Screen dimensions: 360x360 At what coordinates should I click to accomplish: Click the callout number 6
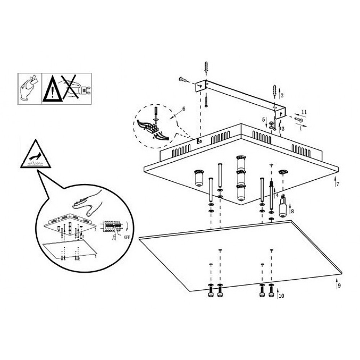coord(184,109)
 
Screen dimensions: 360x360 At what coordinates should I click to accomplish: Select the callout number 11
coord(304,112)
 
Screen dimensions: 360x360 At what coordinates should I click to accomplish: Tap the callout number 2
coord(282,95)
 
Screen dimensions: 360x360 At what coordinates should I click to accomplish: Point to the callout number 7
coord(338,184)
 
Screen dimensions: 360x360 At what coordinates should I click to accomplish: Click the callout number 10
coord(281,296)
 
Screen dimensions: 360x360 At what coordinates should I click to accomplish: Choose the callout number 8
coord(292,211)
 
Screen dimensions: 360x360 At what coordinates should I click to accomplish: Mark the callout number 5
coord(264,120)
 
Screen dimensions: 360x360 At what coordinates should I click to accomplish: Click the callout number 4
coord(277,195)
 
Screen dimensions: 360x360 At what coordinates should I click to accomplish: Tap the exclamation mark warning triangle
coord(53,89)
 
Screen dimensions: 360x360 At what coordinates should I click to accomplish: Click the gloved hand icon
coord(28,88)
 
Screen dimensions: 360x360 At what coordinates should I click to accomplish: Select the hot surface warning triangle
coord(36,154)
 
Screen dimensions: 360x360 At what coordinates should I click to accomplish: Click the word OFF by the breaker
coord(126,237)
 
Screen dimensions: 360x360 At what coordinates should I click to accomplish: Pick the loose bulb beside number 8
coord(283,206)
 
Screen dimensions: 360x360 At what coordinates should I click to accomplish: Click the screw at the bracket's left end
coord(183,80)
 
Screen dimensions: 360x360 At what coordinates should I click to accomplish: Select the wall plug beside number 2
coord(275,91)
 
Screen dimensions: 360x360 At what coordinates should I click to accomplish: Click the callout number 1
coord(301,129)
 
